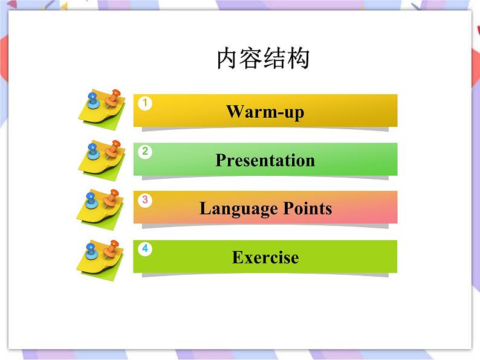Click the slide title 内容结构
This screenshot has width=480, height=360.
pyautogui.click(x=263, y=59)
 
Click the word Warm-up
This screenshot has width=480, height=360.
pyautogui.click(x=265, y=112)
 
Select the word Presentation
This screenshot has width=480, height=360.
pyautogui.click(x=265, y=160)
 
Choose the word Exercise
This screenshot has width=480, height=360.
pyautogui.click(x=265, y=257)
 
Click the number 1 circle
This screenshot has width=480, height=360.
pyautogui.click(x=144, y=103)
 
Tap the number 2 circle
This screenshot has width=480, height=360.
pyautogui.click(x=144, y=152)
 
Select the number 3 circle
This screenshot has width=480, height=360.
pyautogui.click(x=144, y=200)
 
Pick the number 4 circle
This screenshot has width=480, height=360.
pyautogui.click(x=144, y=248)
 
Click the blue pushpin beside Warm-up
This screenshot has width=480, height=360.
pyautogui.click(x=92, y=99)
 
